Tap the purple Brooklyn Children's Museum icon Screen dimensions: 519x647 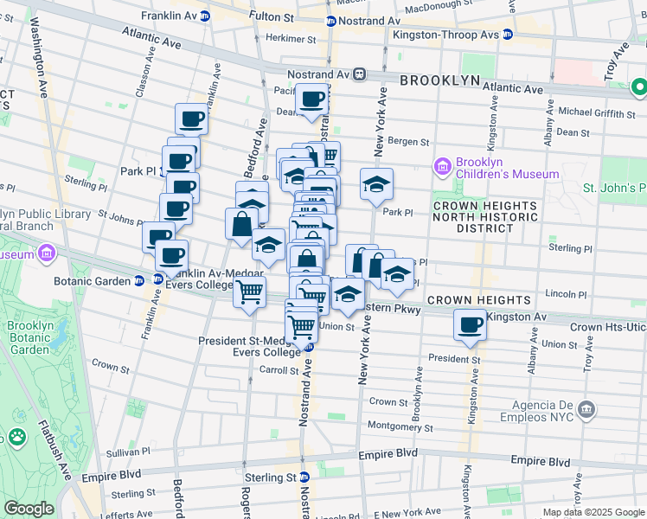(443, 165)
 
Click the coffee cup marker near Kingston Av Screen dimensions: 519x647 (470, 325)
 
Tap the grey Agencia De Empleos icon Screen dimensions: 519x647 (588, 407)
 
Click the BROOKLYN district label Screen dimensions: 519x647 (439, 80)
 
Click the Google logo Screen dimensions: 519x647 (28, 509)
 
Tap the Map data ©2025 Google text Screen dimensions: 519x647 (593, 512)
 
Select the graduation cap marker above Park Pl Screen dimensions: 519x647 (376, 183)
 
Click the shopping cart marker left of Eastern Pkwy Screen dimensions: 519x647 (249, 292)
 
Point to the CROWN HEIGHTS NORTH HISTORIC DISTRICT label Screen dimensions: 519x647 (485, 217)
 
